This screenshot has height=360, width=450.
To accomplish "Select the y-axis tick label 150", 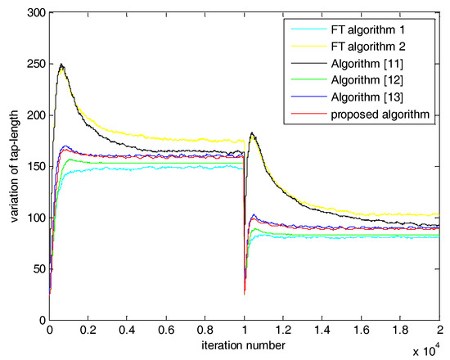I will pos(35,167).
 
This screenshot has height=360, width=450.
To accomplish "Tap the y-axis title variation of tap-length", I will pos(11,167).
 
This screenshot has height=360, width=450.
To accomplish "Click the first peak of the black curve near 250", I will pos(61,64).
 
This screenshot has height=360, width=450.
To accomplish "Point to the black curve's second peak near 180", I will pos(253,133).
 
